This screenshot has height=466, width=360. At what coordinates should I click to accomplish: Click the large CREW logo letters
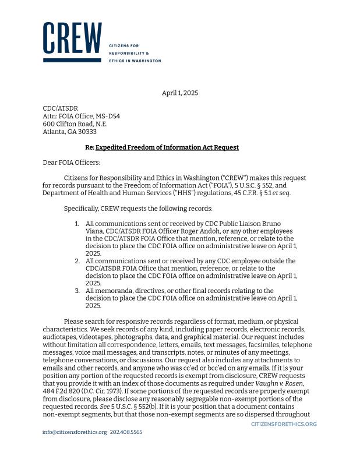72,39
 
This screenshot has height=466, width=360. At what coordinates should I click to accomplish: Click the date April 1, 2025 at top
180,93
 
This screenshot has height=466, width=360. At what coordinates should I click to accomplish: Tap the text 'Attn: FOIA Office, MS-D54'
81,116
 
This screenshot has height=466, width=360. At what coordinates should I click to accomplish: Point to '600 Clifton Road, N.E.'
75,124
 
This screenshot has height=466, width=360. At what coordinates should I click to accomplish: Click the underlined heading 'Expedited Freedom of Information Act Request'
167,147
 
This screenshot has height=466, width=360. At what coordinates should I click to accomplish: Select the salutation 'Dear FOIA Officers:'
71,163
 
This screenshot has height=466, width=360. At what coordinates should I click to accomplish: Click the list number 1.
77,224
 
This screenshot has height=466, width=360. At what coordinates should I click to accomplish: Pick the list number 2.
77,261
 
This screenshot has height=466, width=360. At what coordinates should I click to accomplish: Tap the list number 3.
77,290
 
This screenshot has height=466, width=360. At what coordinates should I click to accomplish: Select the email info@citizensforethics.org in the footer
75,432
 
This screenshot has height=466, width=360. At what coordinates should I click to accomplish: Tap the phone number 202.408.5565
126,432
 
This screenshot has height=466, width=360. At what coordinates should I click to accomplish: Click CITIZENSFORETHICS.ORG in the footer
284,424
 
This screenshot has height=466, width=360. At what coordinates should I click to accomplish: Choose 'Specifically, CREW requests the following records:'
138,209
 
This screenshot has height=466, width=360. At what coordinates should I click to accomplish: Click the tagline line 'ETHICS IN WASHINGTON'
135,61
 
